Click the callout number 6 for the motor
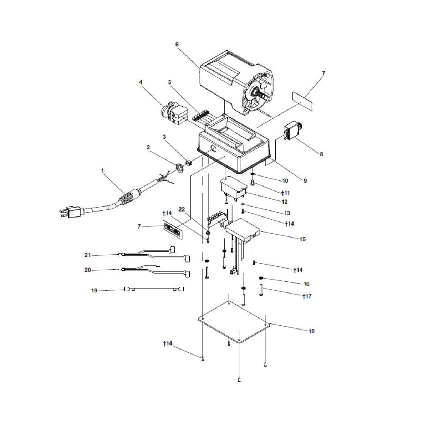click(177, 45)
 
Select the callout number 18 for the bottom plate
click(311, 337)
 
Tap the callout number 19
click(95, 291)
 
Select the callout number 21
click(87, 255)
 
